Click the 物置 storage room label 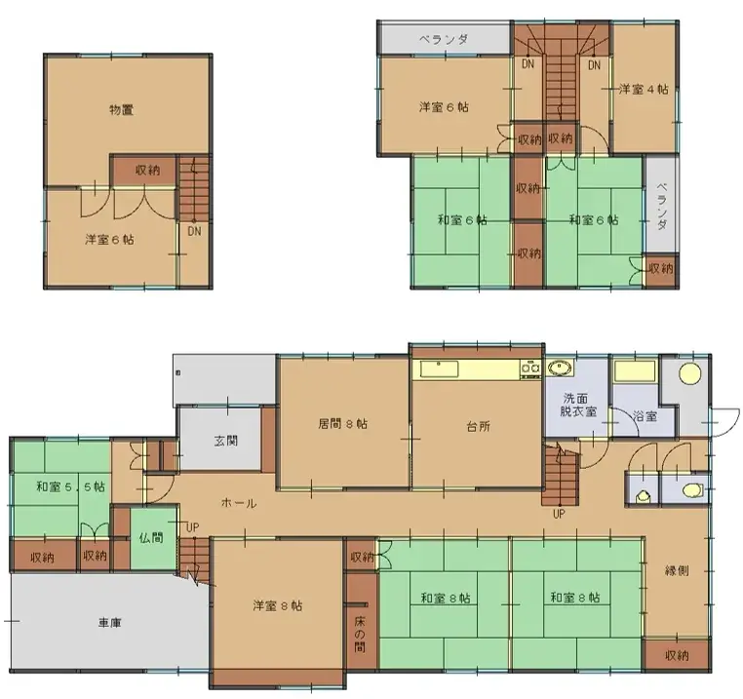tap(121, 110)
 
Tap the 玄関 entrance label tap(226, 441)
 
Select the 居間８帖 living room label tap(342, 423)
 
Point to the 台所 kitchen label tap(478, 426)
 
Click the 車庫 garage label tap(110, 622)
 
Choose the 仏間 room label tap(151, 537)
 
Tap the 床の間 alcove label tap(360, 634)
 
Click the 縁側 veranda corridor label tap(677, 570)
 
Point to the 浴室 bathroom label tap(645, 416)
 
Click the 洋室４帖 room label tap(644, 89)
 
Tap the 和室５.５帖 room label tap(71, 486)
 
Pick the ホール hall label tap(239, 503)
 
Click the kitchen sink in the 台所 tap(439, 369)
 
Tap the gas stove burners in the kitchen tap(530, 369)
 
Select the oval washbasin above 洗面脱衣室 tap(561, 368)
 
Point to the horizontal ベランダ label tap(444, 39)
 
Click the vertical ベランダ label tap(662, 206)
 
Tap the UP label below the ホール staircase tap(559, 514)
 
